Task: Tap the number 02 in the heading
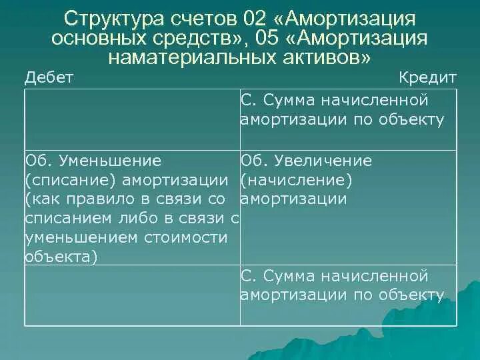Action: point(261,17)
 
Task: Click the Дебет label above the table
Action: point(49,77)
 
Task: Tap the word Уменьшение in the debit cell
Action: point(110,161)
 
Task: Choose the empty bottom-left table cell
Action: point(132,295)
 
